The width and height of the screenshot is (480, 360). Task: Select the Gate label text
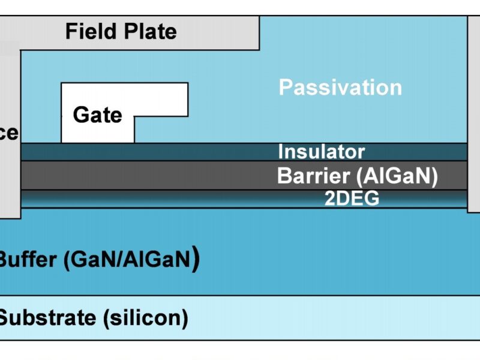[97, 114]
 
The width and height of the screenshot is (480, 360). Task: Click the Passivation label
[340, 88]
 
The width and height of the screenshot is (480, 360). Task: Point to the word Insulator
[321, 151]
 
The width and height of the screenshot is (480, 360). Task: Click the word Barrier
[311, 176]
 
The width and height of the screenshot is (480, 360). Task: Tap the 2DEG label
[352, 199]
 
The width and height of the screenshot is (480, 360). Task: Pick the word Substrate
[47, 317]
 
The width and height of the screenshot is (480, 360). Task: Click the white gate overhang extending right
[162, 99]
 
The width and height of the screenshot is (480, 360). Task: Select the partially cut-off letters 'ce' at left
[9, 133]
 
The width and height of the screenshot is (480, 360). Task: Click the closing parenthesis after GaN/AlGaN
[196, 260]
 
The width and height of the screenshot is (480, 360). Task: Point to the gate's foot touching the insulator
[97, 136]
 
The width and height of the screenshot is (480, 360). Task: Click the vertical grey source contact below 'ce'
[10, 180]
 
